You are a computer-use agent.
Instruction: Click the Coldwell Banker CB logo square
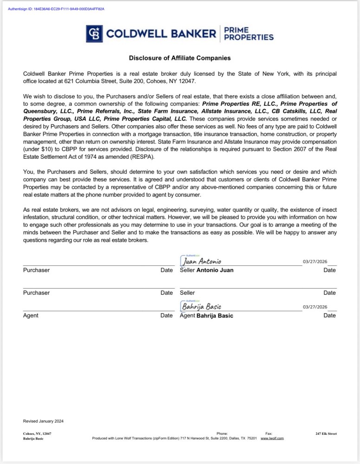click(94, 33)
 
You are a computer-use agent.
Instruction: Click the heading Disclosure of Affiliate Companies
click(180, 58)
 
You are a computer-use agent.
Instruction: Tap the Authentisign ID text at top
click(56, 9)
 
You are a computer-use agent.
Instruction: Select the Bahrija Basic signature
click(201, 307)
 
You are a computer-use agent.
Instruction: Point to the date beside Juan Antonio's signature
click(315, 262)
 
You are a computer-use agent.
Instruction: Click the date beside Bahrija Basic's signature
click(315, 307)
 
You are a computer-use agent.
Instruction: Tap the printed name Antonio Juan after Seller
click(215, 270)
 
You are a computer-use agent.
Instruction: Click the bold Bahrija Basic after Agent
click(215, 316)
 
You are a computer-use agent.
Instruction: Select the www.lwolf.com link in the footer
click(272, 438)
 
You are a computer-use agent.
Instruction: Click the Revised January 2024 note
click(43, 421)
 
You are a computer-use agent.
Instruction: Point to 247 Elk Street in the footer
click(326, 434)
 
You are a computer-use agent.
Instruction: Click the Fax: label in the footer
click(269, 434)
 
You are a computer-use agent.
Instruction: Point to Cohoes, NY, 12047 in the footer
click(37, 434)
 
